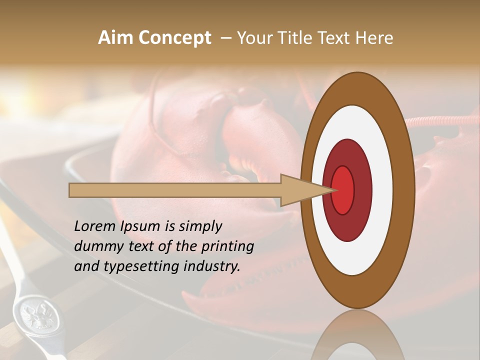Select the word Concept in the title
coord(174,38)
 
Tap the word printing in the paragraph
coord(227,247)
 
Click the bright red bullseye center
coord(343,190)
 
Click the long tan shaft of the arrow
coord(175,190)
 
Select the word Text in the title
coord(335,38)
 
